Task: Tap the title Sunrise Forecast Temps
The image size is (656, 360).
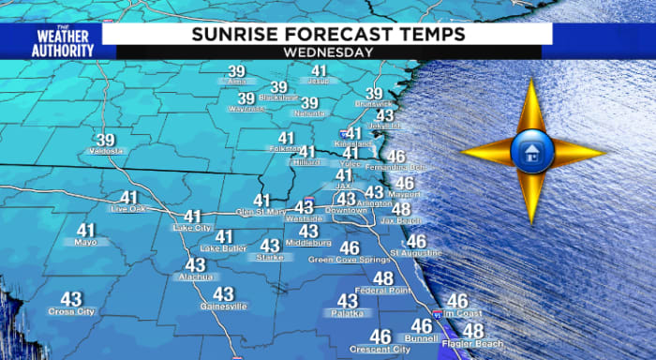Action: point(327,34)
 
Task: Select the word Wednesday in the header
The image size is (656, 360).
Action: point(327,52)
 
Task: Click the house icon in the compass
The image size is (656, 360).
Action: point(530,150)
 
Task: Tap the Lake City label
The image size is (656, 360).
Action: point(192,228)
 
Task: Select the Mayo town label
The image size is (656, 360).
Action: point(85,242)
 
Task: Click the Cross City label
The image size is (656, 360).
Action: point(71,310)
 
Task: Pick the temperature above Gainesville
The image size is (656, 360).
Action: point(223,294)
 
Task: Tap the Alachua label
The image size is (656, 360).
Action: point(196,278)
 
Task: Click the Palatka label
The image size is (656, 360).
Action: point(347,314)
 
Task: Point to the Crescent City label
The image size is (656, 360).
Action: point(380,350)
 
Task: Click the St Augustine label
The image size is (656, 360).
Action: point(416,253)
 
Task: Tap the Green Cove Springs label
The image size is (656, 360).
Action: point(349,260)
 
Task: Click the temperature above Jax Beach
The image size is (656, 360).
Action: point(401,209)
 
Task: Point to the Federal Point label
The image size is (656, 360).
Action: point(382,291)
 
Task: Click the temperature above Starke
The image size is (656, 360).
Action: point(270,246)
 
